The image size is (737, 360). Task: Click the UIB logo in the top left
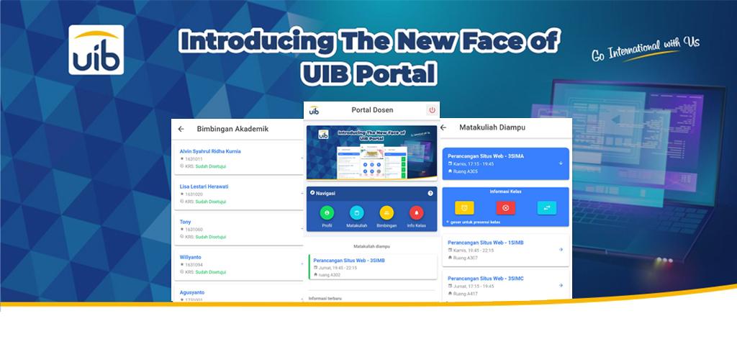[x=96, y=50]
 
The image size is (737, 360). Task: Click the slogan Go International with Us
[x=645, y=50]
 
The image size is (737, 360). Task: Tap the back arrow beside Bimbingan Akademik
[x=181, y=129]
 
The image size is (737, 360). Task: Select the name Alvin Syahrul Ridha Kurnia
[x=210, y=151]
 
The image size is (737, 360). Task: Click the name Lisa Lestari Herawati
[x=204, y=186]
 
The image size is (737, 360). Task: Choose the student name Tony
[x=186, y=222]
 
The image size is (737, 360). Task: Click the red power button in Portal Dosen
[x=432, y=110]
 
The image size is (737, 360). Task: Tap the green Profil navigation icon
[x=327, y=213]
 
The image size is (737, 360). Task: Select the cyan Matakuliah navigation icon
[x=356, y=213]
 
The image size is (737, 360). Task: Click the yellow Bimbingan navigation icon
[x=386, y=213]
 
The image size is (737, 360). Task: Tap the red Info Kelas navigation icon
[x=416, y=213]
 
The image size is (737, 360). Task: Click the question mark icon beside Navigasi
[x=430, y=193]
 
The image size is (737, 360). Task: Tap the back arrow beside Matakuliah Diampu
[x=443, y=127]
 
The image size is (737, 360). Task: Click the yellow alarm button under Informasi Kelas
[x=465, y=208]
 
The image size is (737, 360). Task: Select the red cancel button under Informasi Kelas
[x=505, y=208]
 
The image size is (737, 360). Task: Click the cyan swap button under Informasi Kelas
[x=546, y=208]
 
